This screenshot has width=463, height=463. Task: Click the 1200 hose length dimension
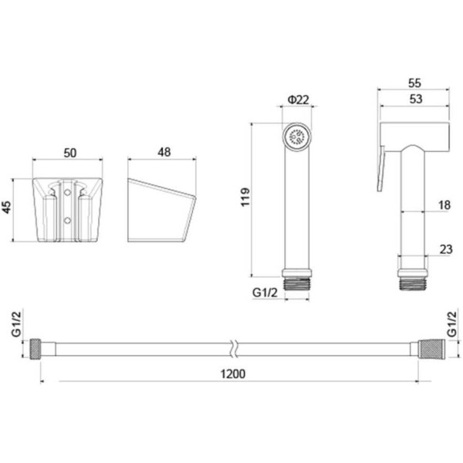click(233, 373)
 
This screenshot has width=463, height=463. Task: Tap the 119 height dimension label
click(245, 197)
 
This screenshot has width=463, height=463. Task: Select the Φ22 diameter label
click(298, 100)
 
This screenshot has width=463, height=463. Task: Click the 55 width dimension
click(414, 83)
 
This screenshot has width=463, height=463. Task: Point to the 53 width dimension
click(415, 99)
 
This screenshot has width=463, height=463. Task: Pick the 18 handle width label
click(444, 205)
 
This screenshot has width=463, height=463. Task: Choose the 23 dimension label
click(446, 249)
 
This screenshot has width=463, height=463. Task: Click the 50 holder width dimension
click(70, 153)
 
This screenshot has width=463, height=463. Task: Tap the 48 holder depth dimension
click(164, 152)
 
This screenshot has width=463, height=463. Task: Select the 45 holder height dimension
click(6, 207)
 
